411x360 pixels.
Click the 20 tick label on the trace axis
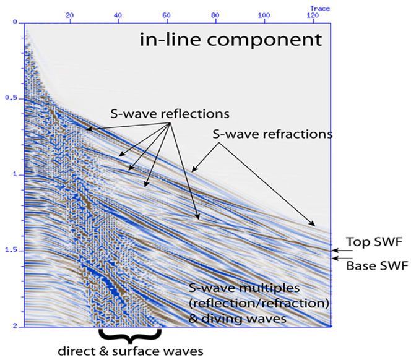[x=70, y=15]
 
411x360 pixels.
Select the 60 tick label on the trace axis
[x=167, y=15]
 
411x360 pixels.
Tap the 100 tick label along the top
[x=264, y=15]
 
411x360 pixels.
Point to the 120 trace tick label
[x=313, y=15]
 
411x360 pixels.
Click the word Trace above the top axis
[x=320, y=9]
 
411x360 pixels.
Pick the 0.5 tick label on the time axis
[x=11, y=98]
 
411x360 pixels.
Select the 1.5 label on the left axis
[x=11, y=250]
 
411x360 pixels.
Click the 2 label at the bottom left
[x=15, y=326]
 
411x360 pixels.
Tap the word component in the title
[x=264, y=41]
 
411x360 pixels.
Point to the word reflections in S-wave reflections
[x=195, y=114]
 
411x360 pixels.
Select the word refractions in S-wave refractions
[x=298, y=134]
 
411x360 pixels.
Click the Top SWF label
[x=374, y=242]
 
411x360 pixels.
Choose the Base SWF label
[x=377, y=266]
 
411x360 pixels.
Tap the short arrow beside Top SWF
[x=342, y=251]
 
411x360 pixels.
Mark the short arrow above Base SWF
[x=342, y=258]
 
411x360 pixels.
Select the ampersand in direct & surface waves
[x=104, y=351]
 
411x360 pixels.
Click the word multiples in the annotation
[x=269, y=289]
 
